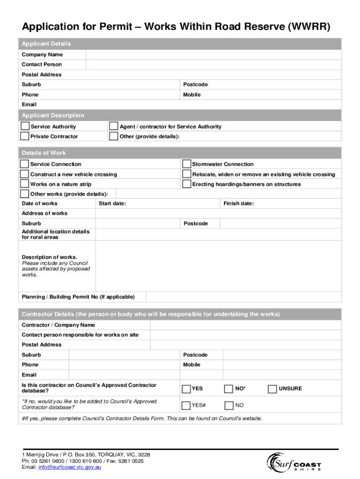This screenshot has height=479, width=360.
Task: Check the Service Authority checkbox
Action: [24, 126]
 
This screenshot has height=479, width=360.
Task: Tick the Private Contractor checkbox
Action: [24, 136]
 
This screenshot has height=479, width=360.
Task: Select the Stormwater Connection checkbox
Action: [186, 164]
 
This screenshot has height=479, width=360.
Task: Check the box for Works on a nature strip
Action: [24, 184]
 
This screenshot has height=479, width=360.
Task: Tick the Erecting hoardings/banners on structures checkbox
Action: [186, 184]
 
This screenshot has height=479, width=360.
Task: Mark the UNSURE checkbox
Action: [272, 389]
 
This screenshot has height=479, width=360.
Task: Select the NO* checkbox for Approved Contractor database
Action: [228, 389]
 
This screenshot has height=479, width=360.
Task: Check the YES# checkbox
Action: [186, 405]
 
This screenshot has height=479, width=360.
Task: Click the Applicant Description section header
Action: [53, 116]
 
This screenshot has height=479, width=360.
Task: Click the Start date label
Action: [112, 203]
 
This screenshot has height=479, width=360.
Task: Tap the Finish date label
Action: [238, 203]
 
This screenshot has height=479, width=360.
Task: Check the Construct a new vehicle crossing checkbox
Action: [24, 174]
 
